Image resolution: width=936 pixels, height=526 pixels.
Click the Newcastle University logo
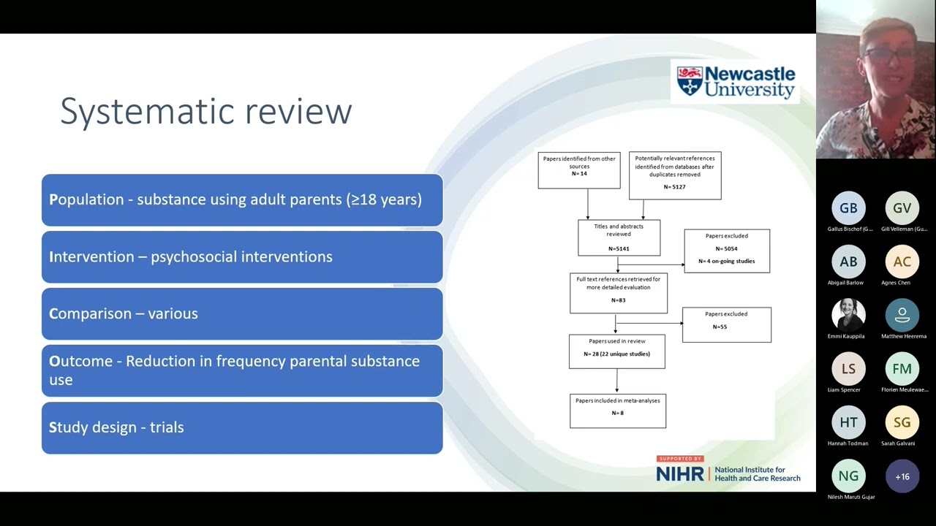(x=735, y=82)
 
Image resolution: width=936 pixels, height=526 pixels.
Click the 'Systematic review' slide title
(x=206, y=111)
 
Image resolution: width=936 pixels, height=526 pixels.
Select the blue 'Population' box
(x=242, y=199)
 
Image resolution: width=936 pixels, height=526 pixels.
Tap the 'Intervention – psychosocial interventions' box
(x=242, y=256)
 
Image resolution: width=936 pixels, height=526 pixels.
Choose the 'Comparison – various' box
(x=242, y=313)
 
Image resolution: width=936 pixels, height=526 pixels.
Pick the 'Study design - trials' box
(x=242, y=427)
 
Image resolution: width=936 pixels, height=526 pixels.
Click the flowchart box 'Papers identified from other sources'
(x=579, y=170)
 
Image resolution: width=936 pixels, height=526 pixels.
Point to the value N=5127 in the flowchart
(x=674, y=187)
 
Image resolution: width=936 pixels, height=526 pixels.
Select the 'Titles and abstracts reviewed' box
(x=619, y=237)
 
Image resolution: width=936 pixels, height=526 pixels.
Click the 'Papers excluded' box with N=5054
(x=727, y=251)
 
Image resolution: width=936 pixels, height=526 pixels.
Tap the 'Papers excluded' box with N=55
(x=726, y=324)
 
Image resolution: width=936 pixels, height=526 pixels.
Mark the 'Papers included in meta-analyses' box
(x=618, y=410)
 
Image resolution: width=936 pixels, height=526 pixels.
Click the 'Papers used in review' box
(x=617, y=351)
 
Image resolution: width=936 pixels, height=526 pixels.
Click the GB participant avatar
(x=848, y=209)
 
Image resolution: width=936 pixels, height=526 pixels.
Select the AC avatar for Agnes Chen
(x=902, y=262)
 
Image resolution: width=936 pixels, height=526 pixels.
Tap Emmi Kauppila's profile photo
(x=848, y=316)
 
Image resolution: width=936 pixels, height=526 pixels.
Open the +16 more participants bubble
(x=902, y=476)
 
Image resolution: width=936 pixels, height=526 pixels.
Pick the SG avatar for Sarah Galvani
(x=902, y=423)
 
